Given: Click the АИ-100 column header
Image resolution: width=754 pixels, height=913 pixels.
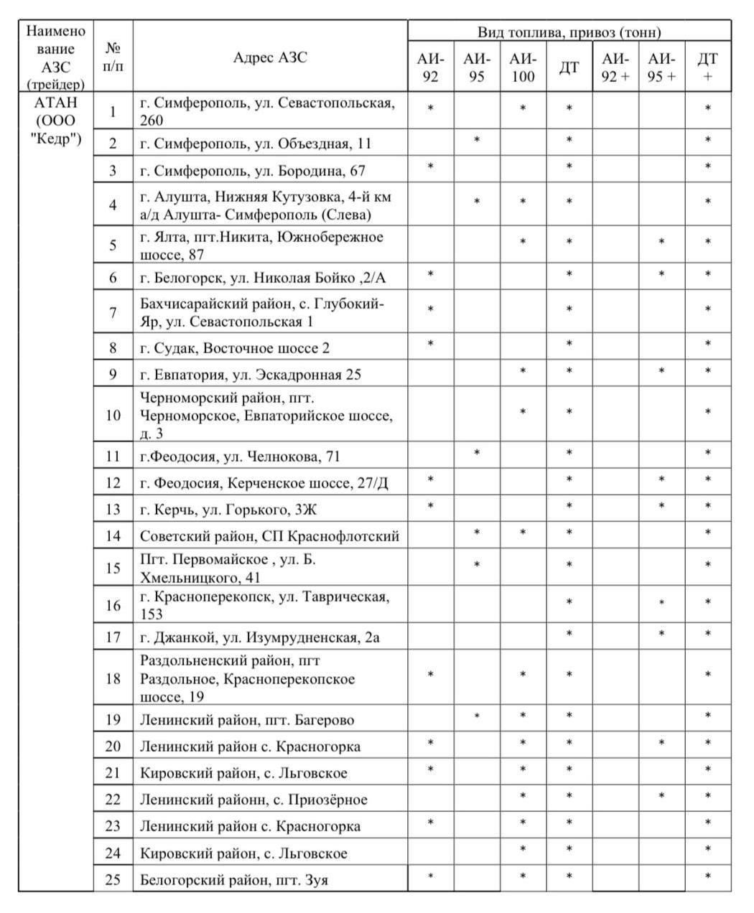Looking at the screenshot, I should tap(523, 67).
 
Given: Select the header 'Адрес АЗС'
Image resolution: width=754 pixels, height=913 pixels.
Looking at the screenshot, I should tap(270, 58).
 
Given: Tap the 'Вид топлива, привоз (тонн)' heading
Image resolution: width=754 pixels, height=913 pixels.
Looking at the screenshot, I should tap(569, 32).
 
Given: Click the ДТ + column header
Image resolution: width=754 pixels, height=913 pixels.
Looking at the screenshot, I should tap(708, 67).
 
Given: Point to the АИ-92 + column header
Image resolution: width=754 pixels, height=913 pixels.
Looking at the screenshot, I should tap(615, 67).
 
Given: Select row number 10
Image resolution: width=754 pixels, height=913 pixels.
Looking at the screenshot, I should tap(113, 415).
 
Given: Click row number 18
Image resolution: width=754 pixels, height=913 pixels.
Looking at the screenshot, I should tap(113, 678).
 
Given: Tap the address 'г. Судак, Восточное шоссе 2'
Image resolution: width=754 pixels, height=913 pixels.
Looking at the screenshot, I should tap(235, 349).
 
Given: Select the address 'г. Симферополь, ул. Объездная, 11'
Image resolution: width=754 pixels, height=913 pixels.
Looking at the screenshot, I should tap(256, 144).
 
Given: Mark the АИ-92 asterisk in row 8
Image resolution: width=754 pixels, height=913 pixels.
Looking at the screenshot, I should tap(430, 343).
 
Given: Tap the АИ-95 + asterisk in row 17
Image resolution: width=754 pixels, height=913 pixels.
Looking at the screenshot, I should tap(661, 633).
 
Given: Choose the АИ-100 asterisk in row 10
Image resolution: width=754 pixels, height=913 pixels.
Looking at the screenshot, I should tap(523, 411).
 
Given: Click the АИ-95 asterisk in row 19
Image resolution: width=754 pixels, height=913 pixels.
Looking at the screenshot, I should tap(477, 716).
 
